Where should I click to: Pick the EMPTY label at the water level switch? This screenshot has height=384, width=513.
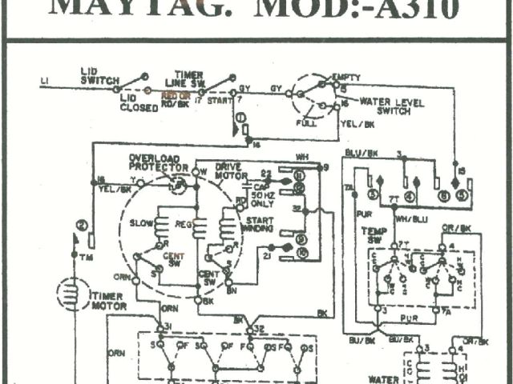click(349, 76)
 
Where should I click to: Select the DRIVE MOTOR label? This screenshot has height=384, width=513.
click(232, 170)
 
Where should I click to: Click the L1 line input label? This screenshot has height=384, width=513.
click(44, 82)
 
